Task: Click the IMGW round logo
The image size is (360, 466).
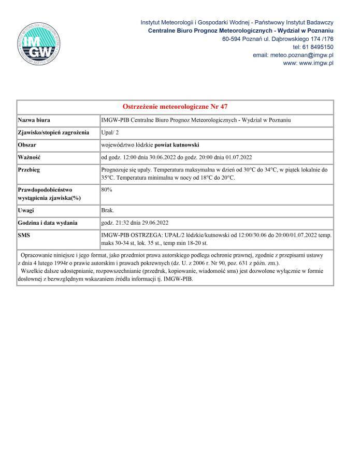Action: tap(38, 45)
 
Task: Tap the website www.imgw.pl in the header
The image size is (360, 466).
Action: tap(309, 63)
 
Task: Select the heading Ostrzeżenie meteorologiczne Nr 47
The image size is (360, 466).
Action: tap(175, 107)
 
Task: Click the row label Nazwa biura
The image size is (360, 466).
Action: tap(34, 120)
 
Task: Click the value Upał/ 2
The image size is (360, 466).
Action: tap(110, 132)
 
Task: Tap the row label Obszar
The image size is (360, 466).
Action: tap(28, 144)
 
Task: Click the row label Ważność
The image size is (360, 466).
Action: tap(30, 157)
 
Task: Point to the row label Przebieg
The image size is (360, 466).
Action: tap(30, 169)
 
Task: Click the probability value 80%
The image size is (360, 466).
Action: tap(107, 190)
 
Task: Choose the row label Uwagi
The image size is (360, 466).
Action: tap(26, 211)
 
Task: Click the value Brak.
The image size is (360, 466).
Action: tap(108, 211)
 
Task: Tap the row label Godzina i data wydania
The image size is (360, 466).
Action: tap(48, 223)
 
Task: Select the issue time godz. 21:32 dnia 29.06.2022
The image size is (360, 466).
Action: tap(135, 223)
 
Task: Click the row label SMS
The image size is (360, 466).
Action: tap(24, 236)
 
